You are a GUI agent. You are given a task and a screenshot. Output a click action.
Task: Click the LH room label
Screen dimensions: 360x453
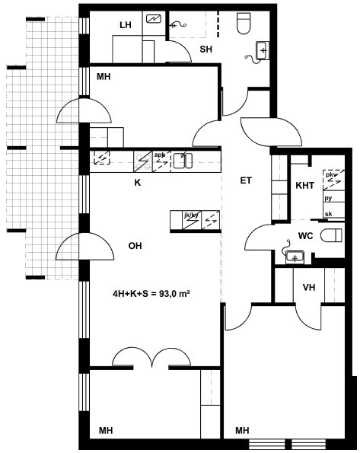(126, 25)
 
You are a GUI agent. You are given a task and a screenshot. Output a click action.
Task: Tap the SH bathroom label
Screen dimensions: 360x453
(205, 49)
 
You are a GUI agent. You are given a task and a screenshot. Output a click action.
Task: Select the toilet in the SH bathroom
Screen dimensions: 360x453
(243, 23)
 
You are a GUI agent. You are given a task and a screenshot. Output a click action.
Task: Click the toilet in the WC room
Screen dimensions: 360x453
(331, 235)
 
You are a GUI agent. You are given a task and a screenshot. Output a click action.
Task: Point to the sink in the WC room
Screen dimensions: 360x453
(295, 257)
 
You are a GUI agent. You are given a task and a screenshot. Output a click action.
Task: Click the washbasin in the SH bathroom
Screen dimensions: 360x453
(263, 50)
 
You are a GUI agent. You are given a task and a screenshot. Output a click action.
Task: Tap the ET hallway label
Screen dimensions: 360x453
(246, 180)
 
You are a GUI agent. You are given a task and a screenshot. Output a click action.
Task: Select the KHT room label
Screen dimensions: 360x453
(304, 185)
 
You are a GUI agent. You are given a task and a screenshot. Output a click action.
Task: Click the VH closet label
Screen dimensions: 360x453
(309, 288)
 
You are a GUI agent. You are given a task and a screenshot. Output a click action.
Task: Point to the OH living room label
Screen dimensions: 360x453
(135, 246)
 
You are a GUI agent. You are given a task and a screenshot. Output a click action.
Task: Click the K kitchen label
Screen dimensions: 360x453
(138, 183)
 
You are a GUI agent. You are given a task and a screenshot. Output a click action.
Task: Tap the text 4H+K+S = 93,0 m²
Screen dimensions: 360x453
(151, 294)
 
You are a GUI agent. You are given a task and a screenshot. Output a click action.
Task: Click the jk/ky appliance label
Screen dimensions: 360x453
(191, 215)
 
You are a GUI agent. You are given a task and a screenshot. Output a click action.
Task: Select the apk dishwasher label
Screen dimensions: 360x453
(159, 155)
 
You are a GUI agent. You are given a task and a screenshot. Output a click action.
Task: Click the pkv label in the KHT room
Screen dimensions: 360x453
(331, 175)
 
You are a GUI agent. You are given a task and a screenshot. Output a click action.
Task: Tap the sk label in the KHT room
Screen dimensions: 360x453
(329, 214)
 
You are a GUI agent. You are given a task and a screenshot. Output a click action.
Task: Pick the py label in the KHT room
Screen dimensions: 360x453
(328, 199)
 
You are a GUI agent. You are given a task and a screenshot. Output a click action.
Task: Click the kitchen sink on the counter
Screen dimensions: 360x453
(183, 161)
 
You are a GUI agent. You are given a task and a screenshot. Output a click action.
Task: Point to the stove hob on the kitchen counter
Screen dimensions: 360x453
(143, 161)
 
